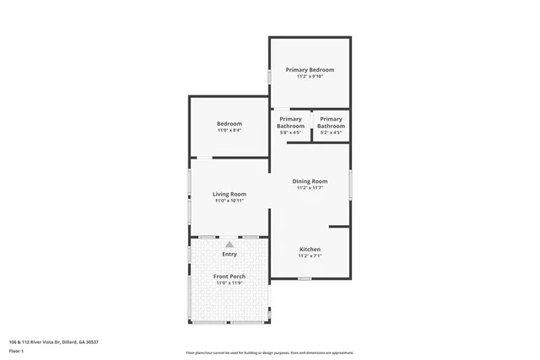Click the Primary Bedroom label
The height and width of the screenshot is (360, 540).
(310, 69)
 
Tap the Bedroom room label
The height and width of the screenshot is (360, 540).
(229, 124)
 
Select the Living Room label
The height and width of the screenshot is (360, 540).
(229, 195)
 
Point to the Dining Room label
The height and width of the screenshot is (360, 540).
(310, 181)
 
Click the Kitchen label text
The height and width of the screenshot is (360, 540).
(310, 250)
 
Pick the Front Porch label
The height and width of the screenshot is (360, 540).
(229, 277)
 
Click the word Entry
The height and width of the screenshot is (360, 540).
(229, 254)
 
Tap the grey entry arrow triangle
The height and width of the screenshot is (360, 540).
(229, 244)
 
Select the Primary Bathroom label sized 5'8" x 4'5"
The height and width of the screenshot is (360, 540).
(290, 122)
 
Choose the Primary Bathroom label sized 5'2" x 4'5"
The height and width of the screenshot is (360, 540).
(331, 122)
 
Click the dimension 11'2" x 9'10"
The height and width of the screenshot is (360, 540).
(310, 77)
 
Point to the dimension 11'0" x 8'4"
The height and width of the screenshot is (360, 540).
(229, 131)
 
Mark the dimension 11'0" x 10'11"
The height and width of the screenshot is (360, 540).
(229, 201)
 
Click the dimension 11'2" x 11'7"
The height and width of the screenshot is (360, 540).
(310, 188)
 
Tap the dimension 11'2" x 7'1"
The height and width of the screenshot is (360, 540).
(310, 256)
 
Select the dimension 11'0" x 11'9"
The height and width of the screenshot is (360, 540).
(229, 283)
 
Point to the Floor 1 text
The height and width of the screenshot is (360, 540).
(16, 350)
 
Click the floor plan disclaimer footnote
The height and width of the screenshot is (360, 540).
(270, 352)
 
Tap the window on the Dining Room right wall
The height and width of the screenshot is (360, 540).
(350, 183)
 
